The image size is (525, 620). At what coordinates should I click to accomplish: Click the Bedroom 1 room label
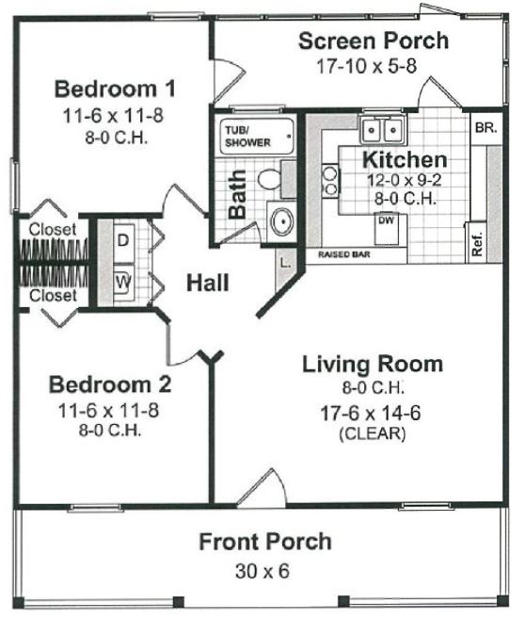115,89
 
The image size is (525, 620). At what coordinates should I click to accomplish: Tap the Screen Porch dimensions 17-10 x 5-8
366,66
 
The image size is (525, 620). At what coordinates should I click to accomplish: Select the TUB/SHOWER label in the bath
247,137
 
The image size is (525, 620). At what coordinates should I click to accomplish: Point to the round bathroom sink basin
282,221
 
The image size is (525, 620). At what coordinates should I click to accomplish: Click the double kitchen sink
382,129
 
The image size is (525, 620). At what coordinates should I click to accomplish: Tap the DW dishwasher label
386,220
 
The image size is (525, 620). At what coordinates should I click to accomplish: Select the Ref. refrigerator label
477,243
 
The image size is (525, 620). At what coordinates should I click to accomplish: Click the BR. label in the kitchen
485,128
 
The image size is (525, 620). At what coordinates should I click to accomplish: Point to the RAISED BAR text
344,254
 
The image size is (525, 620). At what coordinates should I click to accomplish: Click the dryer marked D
123,241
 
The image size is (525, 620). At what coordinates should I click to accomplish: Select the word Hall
208,283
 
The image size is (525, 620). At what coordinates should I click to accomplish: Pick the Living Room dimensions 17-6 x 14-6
371,414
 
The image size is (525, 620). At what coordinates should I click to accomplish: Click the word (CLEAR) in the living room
373,433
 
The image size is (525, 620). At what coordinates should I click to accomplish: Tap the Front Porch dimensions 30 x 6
262,571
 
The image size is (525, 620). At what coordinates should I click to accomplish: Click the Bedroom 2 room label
110,384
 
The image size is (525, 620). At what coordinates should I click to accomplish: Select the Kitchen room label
405,160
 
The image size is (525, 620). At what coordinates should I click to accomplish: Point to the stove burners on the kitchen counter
330,181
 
